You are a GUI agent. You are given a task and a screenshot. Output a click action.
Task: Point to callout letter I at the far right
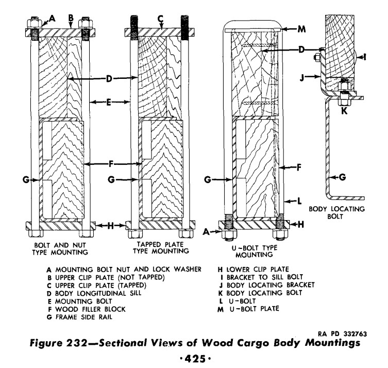(x=364, y=57)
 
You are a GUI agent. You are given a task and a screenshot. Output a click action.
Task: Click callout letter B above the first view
(x=71, y=18)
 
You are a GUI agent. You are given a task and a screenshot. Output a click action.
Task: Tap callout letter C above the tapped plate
(x=160, y=18)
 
